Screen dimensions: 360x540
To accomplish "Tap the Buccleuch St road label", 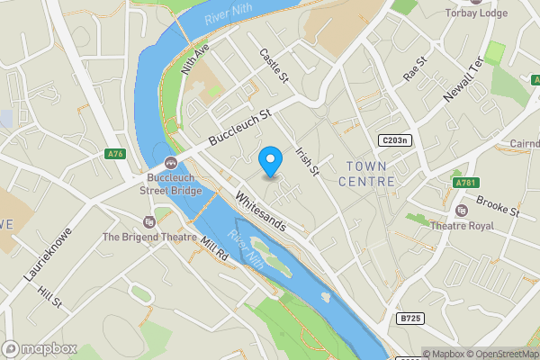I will coord(239,129).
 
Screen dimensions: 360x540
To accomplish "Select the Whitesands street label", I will coord(260,211).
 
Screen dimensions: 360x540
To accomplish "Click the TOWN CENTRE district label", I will coord(367,174).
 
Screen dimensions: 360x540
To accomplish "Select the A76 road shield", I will coord(115,155).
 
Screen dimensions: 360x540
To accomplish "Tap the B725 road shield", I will coord(409,318).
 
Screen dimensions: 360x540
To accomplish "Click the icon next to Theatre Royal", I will coord(462,211).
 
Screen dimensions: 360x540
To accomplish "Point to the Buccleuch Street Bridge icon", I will coord(169,163).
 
